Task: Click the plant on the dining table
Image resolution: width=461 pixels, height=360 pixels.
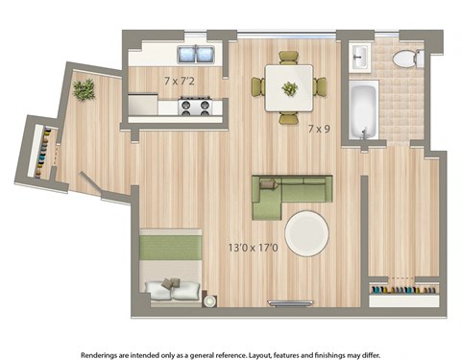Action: pos(289,88)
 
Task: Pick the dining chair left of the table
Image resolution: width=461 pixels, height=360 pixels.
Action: pos(257,87)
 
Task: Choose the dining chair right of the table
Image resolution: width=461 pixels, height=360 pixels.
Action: pos(320,87)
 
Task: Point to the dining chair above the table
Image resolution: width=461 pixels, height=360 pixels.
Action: pos(288,57)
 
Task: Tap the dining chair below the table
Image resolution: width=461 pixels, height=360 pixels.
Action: pos(288,118)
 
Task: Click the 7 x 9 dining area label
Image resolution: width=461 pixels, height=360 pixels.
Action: pos(320,128)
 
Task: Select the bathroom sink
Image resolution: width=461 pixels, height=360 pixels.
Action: pos(361,58)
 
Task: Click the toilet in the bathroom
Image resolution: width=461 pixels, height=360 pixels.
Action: pos(406,59)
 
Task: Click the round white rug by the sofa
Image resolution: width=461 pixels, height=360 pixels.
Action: pos(306,233)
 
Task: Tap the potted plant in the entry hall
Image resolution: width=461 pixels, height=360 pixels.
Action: pos(84,90)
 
